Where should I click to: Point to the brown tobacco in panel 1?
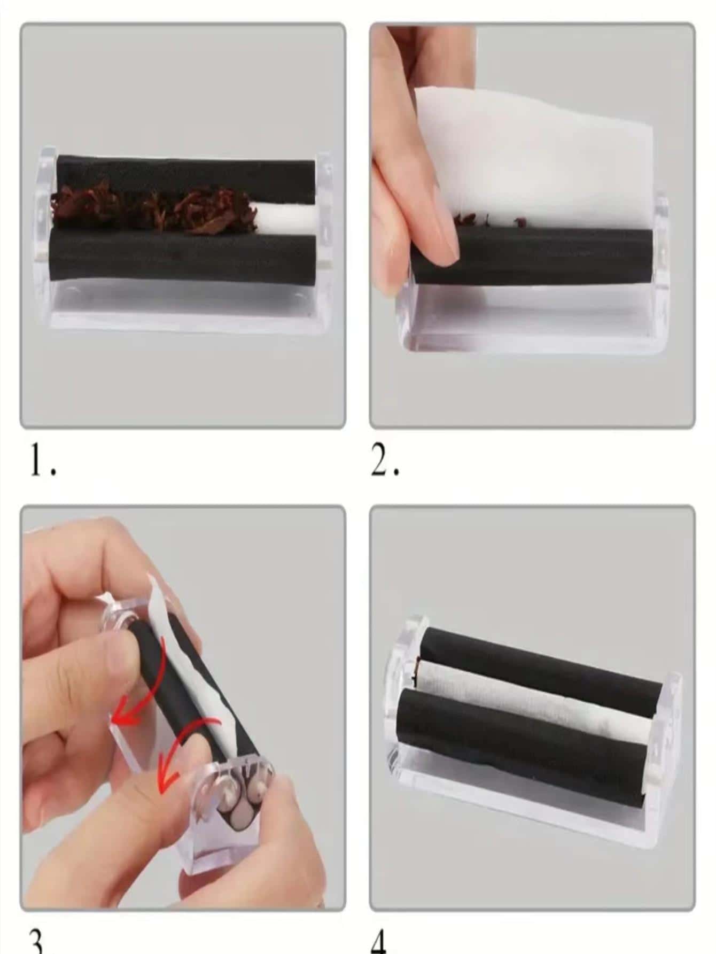pos(155,211)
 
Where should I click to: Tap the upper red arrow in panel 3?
pos(128,716)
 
